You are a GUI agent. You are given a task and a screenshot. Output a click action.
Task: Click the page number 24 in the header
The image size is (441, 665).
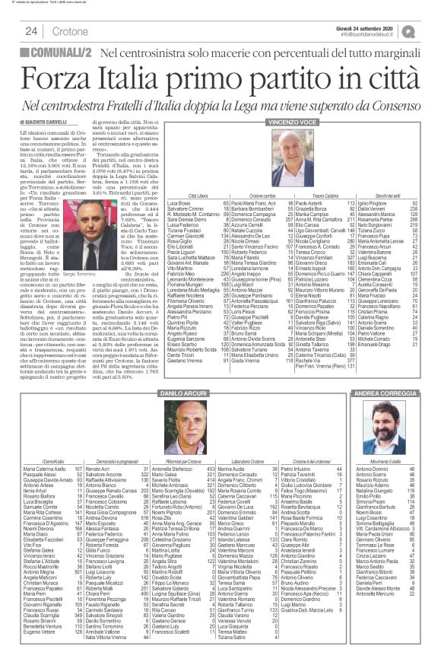[32, 31]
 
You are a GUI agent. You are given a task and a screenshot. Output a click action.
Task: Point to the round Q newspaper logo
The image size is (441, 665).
[430, 30]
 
